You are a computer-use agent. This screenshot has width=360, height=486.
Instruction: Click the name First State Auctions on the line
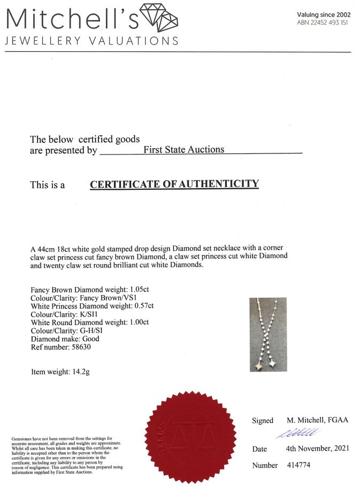click(183, 150)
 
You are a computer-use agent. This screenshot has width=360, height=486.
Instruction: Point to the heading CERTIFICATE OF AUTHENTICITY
click(174, 184)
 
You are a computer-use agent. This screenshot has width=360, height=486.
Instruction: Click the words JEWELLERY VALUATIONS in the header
click(91, 41)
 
